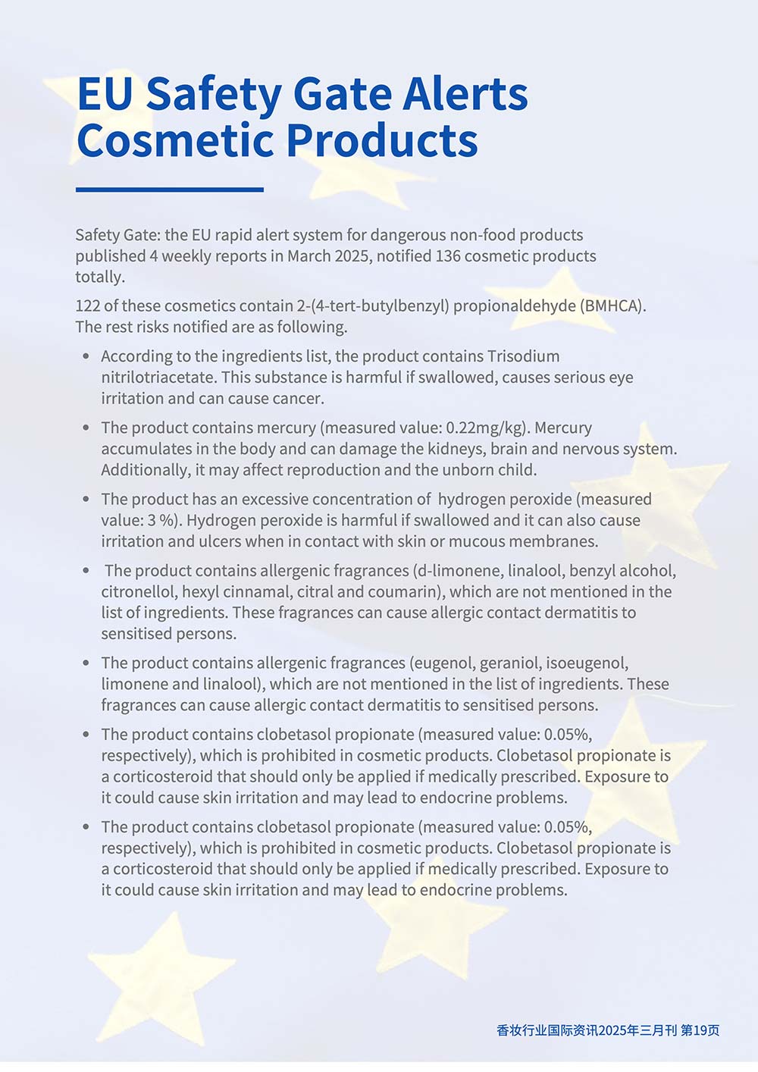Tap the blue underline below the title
coord(170,190)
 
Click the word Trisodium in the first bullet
coord(523,356)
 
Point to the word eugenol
coord(443,663)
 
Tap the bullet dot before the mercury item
coord(86,428)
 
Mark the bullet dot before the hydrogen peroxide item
coord(86,499)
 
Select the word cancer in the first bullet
coord(298,399)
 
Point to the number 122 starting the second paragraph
coord(87,306)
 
